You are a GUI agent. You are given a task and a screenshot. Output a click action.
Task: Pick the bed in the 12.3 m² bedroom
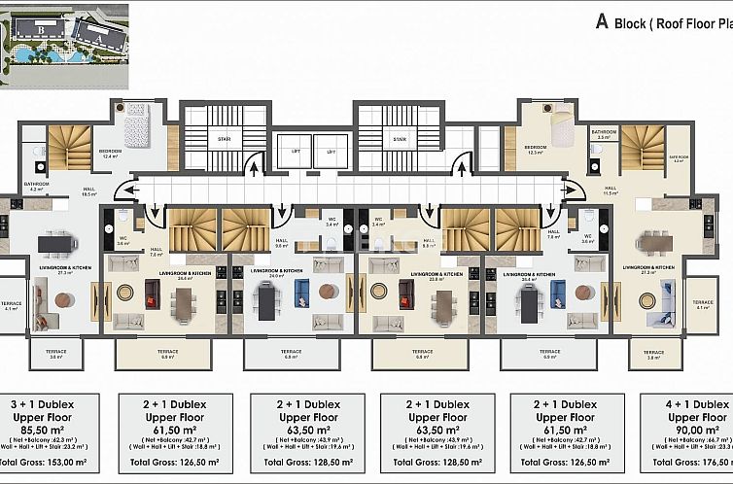click(x=561, y=126)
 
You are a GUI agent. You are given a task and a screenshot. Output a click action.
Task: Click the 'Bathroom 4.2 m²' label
click(x=37, y=186)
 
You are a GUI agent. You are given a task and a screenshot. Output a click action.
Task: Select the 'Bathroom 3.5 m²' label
click(x=604, y=134)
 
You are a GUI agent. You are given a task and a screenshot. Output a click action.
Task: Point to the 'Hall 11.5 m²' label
click(x=611, y=190)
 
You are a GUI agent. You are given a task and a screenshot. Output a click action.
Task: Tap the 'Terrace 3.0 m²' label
click(x=56, y=356)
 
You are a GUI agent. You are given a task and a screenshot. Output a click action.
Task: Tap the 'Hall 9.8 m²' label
click(x=281, y=243)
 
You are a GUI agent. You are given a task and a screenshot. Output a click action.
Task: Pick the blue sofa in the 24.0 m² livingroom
click(x=301, y=291)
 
